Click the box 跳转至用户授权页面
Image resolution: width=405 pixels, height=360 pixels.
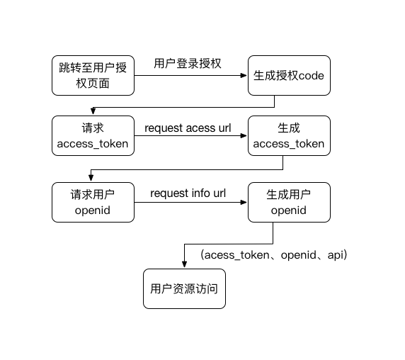(93, 75)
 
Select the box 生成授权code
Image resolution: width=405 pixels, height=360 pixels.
(289, 75)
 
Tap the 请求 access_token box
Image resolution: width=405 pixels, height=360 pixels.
(93, 135)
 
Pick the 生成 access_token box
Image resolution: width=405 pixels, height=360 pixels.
(289, 135)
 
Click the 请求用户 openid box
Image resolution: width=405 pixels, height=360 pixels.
(93, 203)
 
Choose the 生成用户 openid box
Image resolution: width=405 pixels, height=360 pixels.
(289, 203)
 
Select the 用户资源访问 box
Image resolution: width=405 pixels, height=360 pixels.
(184, 288)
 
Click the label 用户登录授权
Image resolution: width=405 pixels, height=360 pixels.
(188, 64)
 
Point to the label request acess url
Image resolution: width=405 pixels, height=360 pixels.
(188, 128)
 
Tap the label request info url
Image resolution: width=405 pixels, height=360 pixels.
(188, 193)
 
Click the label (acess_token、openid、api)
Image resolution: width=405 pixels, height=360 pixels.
(274, 255)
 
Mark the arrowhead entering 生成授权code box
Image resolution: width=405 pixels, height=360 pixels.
(244, 75)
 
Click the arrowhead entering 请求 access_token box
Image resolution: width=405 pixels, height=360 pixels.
(93, 111)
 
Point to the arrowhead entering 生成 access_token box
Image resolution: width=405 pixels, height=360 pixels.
(244, 135)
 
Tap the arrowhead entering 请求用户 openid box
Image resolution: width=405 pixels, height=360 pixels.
(91, 178)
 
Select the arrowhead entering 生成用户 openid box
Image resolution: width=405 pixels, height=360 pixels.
(244, 203)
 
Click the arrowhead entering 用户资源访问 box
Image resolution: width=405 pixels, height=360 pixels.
(184, 264)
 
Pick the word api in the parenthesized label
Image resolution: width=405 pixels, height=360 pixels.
(336, 255)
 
